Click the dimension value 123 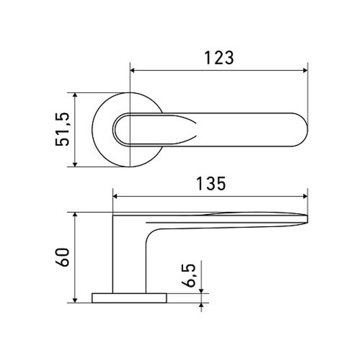tap(219, 58)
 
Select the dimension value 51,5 tap(62, 129)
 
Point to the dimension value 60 tap(62, 257)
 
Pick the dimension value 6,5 tap(188, 275)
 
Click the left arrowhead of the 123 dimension tap(132, 70)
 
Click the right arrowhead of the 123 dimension tap(305, 70)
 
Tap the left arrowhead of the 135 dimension tap(115, 196)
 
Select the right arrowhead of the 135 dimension tap(305, 196)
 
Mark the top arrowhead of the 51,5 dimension tap(75, 95)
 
